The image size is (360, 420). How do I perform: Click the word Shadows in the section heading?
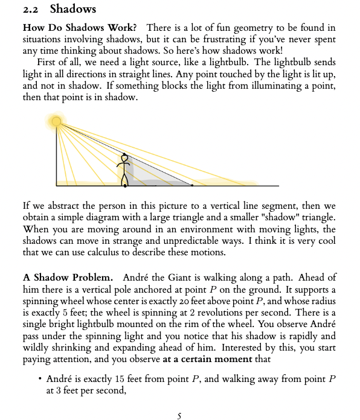(73, 9)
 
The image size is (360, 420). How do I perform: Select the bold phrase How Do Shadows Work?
(79, 28)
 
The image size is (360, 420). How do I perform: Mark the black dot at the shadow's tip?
(192, 185)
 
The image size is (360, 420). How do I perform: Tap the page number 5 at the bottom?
(179, 415)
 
